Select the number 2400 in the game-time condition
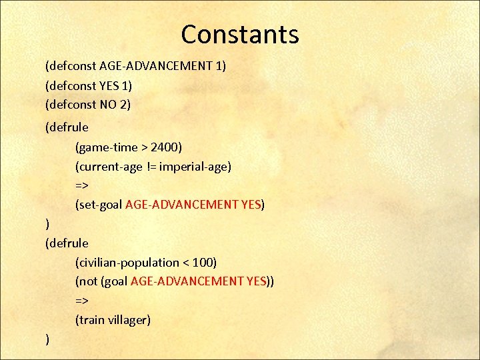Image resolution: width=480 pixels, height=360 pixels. tap(163, 147)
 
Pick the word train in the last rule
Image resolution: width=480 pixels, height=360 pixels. tap(91, 320)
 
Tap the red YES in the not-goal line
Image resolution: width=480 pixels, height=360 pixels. tap(256, 281)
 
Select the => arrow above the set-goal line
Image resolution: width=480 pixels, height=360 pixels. tap(82, 185)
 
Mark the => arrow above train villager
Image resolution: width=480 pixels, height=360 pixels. tap(82, 301)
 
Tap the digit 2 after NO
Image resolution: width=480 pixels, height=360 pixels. tap(123, 105)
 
